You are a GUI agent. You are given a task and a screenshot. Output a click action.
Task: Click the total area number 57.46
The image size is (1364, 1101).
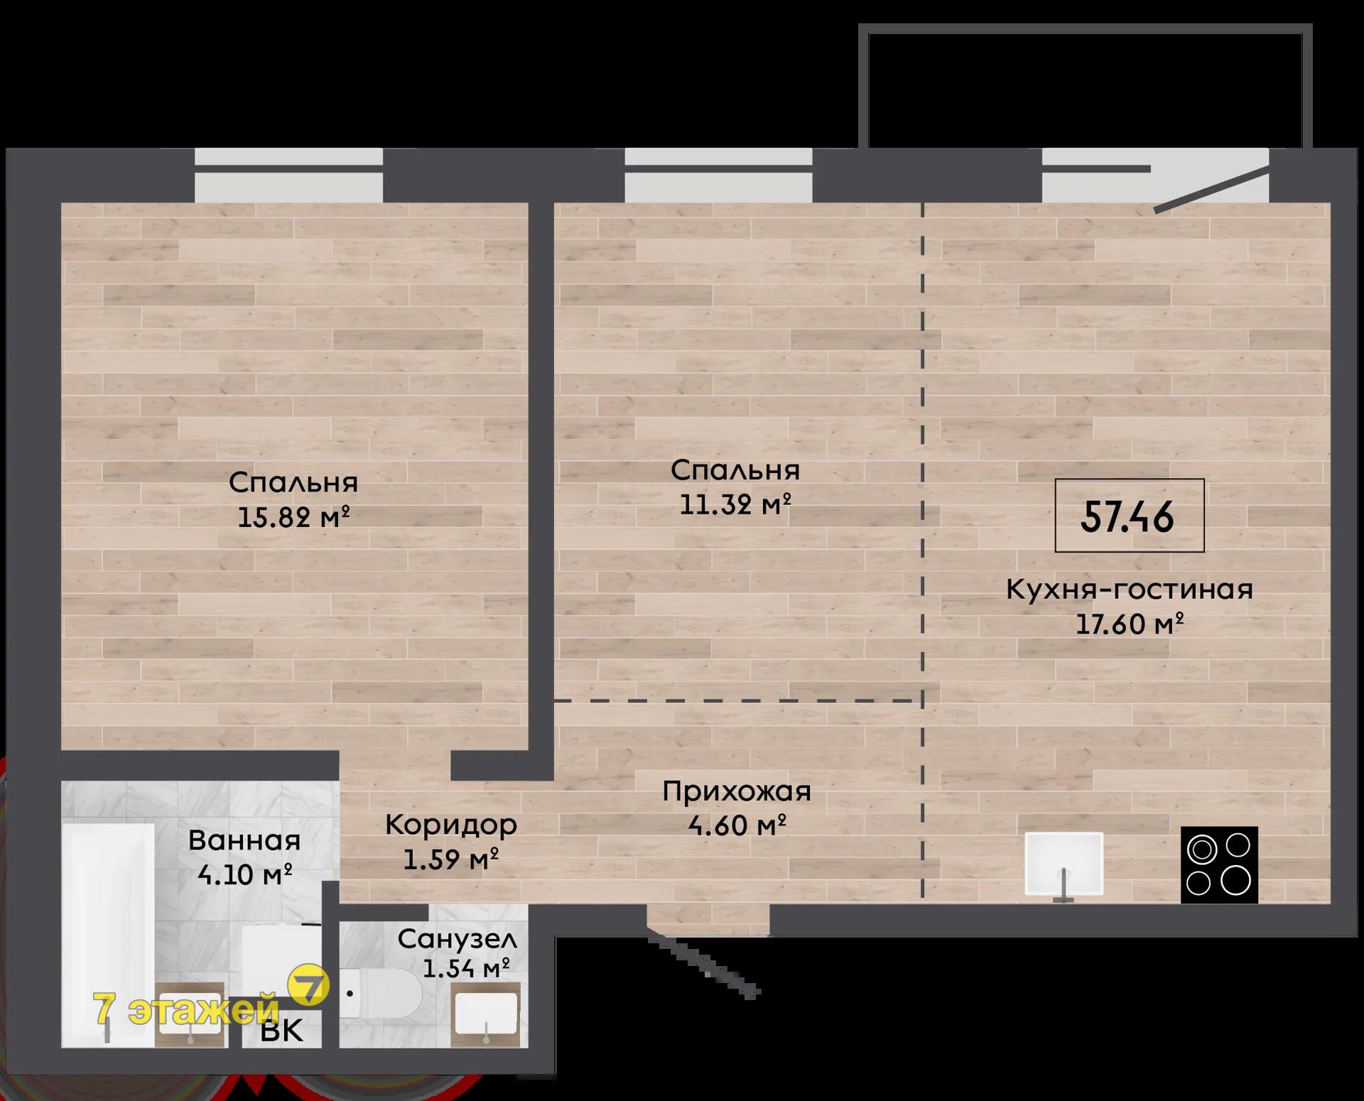tap(1127, 516)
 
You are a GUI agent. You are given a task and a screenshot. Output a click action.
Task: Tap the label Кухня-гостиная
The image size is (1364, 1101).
tap(1130, 590)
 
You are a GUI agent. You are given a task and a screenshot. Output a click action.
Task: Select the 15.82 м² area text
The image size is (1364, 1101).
tap(293, 517)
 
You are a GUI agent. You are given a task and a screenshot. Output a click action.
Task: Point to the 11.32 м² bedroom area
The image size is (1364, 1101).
tap(735, 505)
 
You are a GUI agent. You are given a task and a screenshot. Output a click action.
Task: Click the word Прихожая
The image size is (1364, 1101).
tap(737, 791)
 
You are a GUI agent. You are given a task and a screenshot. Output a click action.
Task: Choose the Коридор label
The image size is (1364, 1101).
tap(451, 825)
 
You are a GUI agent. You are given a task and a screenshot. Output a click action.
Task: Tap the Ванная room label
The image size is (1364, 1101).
tap(244, 840)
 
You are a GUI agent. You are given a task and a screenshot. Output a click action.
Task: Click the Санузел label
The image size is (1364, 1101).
tap(458, 939)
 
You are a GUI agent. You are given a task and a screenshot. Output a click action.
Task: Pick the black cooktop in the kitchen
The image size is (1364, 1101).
tap(1219, 864)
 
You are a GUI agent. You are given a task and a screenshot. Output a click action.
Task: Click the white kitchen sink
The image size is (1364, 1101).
tap(1063, 864)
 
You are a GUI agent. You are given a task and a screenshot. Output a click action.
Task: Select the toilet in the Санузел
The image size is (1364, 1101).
tap(381, 993)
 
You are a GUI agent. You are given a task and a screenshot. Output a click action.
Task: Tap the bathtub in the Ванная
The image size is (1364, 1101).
tap(108, 935)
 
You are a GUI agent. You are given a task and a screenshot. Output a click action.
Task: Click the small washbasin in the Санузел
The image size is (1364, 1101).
tap(485, 1014)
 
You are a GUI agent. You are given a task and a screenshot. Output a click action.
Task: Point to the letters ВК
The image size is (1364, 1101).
tap(282, 1031)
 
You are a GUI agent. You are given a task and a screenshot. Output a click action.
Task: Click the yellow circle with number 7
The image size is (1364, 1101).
tap(308, 987)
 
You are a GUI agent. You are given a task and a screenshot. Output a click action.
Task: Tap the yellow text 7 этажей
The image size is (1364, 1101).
tap(186, 1009)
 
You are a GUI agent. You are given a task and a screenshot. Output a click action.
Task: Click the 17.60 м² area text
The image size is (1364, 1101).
tap(1130, 624)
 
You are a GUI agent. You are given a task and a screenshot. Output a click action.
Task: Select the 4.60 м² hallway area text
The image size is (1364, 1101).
tap(737, 825)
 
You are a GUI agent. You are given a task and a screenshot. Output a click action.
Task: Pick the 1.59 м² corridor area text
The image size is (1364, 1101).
tap(451, 859)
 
